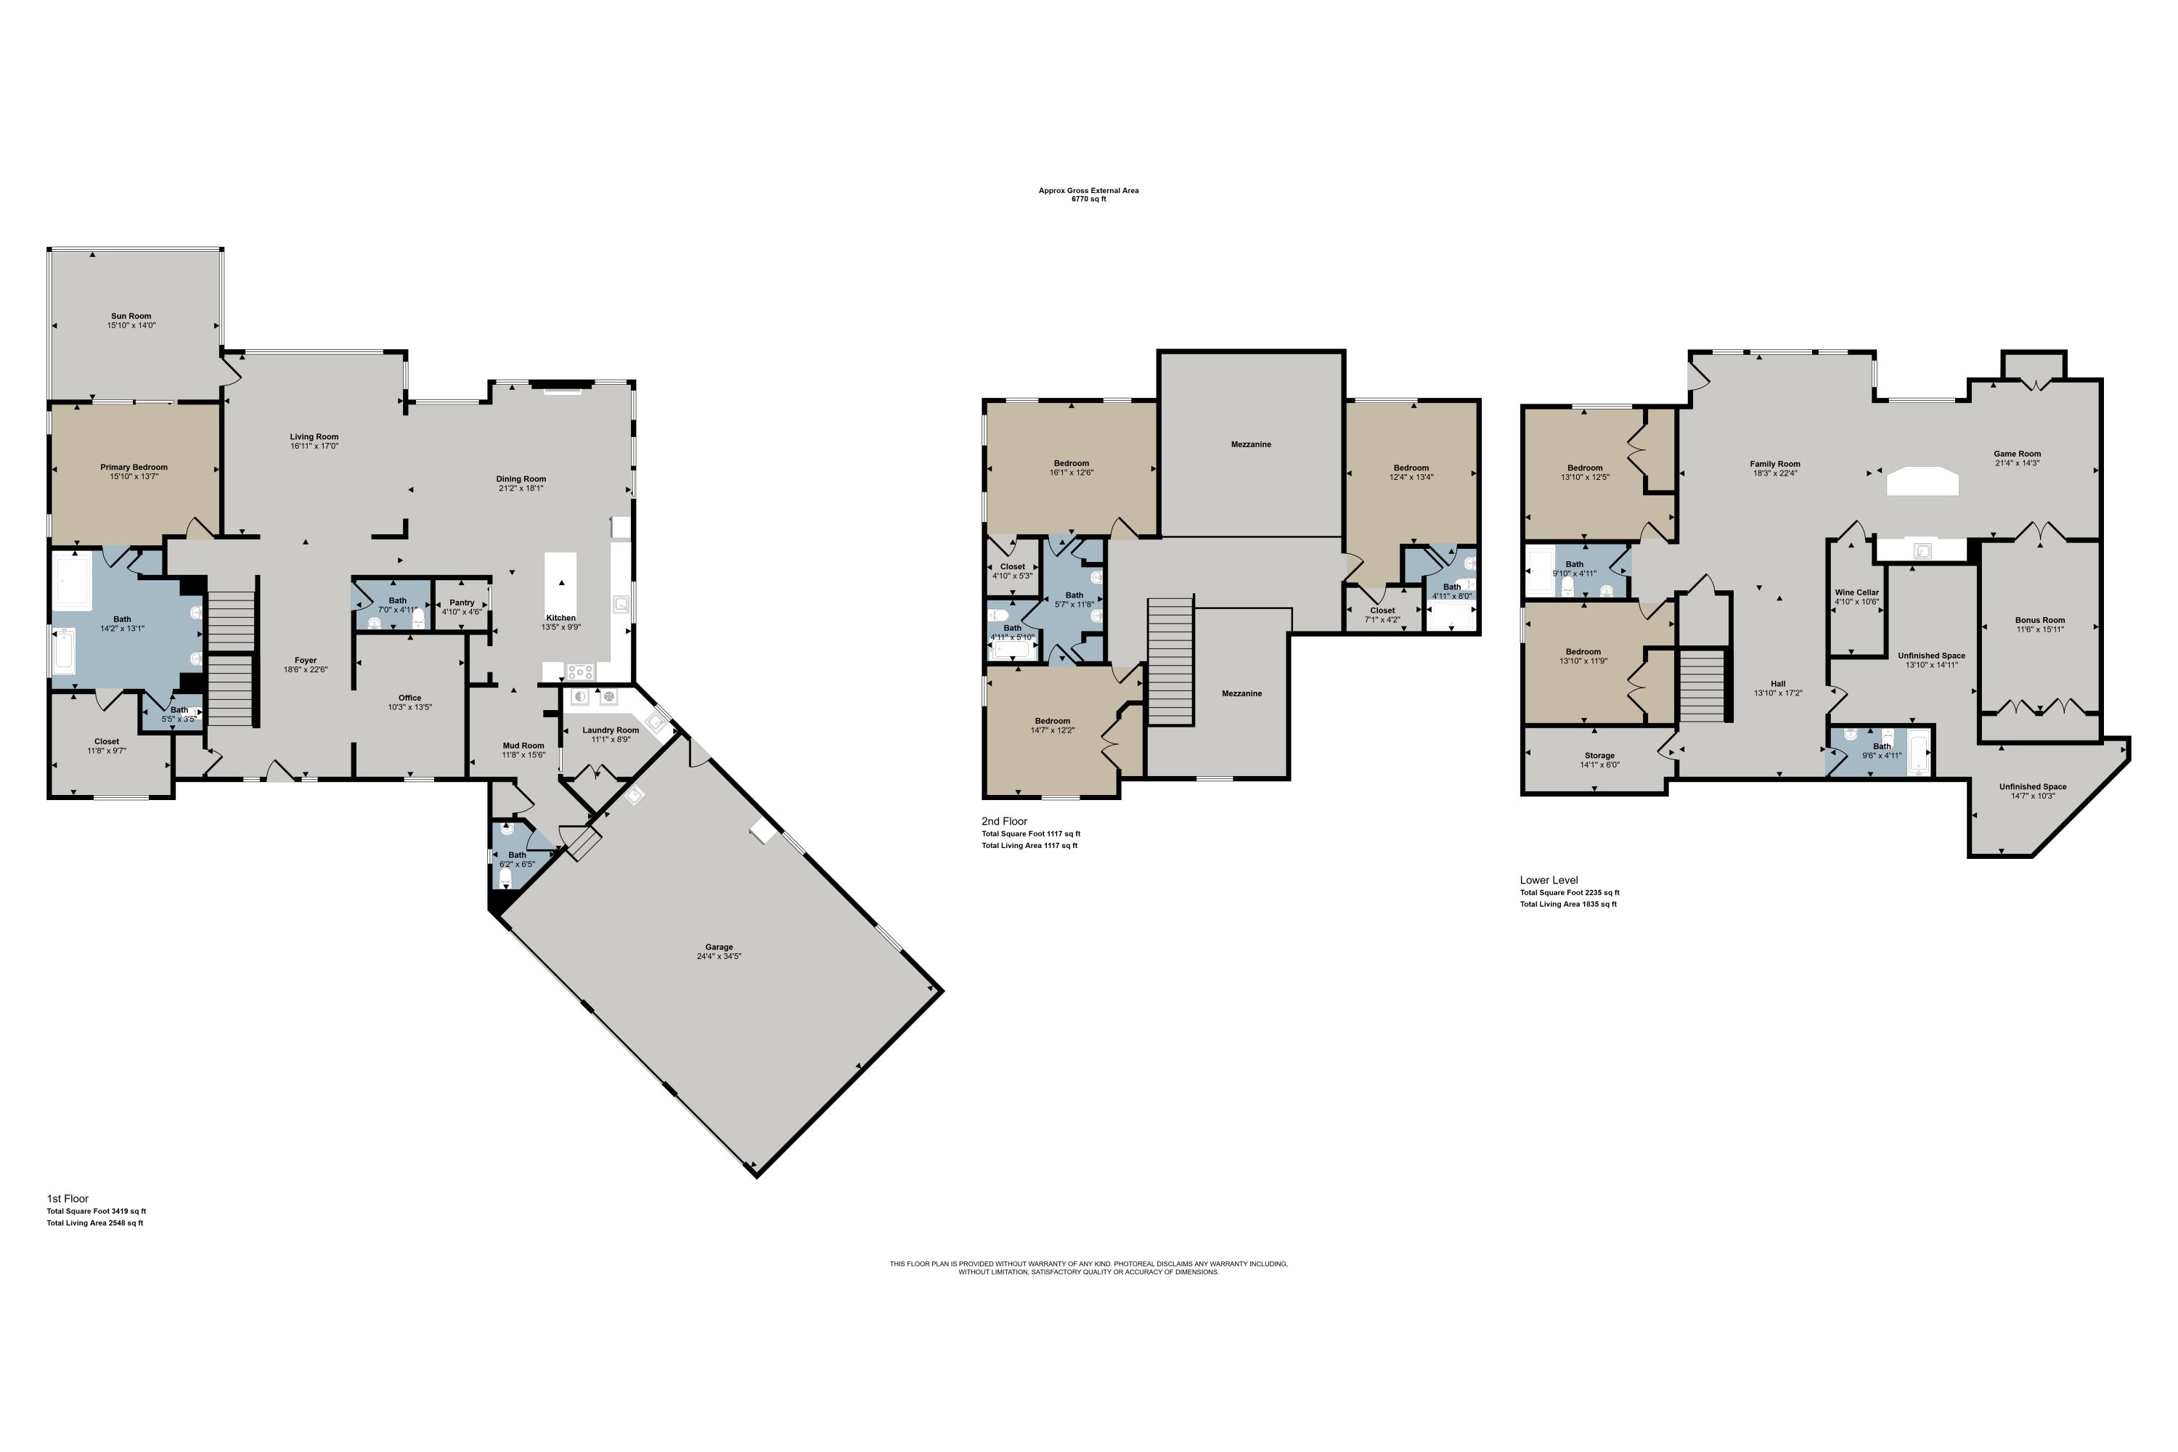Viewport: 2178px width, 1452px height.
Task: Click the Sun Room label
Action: pos(131,316)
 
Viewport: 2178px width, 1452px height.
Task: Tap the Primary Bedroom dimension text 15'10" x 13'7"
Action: pos(134,477)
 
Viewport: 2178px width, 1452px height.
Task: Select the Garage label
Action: pos(719,947)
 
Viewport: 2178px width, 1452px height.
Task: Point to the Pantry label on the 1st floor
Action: pos(461,602)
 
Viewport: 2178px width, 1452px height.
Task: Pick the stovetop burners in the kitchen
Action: pos(581,672)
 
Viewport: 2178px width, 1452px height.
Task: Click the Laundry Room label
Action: pos(611,730)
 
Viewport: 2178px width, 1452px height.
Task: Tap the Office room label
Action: pos(409,697)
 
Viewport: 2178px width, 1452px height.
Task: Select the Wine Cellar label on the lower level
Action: pos(1856,592)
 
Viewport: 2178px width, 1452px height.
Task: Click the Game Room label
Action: pos(2017,454)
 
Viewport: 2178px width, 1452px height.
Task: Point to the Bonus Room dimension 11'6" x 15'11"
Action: pos(2040,629)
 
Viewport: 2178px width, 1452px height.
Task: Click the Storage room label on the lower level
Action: pos(1599,756)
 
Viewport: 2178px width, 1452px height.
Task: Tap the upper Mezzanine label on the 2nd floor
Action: pos(1250,444)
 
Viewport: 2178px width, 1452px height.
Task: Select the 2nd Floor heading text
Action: pos(1004,820)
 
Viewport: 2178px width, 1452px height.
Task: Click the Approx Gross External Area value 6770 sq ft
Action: pos(1088,199)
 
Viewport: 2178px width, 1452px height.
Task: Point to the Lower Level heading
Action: pos(1549,880)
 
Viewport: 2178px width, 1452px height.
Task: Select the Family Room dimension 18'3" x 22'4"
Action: pos(1774,473)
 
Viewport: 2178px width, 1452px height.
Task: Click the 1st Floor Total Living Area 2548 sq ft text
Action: pos(94,1223)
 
